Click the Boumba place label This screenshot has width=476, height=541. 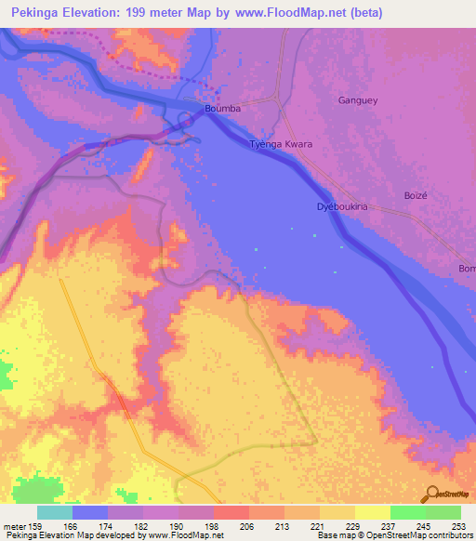pyautogui.click(x=222, y=109)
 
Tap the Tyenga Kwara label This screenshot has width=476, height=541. pyautogui.click(x=281, y=146)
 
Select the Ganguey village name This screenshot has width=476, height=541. pyautogui.click(x=358, y=100)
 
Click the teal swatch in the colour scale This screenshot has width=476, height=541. pyautogui.click(x=54, y=512)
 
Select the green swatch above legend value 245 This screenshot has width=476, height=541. pyautogui.click(x=407, y=512)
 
